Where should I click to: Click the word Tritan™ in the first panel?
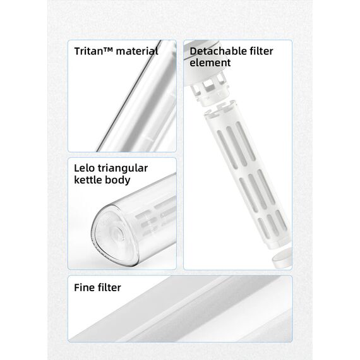pos(93,51)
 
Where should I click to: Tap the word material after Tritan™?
pos(137,51)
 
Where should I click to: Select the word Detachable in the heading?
pos(214,51)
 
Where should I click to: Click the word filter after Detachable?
pos(257,51)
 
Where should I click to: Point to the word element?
pos(210,63)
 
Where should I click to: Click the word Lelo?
pos(84,168)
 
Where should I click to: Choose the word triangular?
pos(123,169)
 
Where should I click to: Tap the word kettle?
pos(88,180)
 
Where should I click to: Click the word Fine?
pos(84,287)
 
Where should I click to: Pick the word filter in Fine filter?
pos(109,287)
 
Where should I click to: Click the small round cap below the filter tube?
pos(282,258)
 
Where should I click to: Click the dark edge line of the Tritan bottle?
pos(129,97)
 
